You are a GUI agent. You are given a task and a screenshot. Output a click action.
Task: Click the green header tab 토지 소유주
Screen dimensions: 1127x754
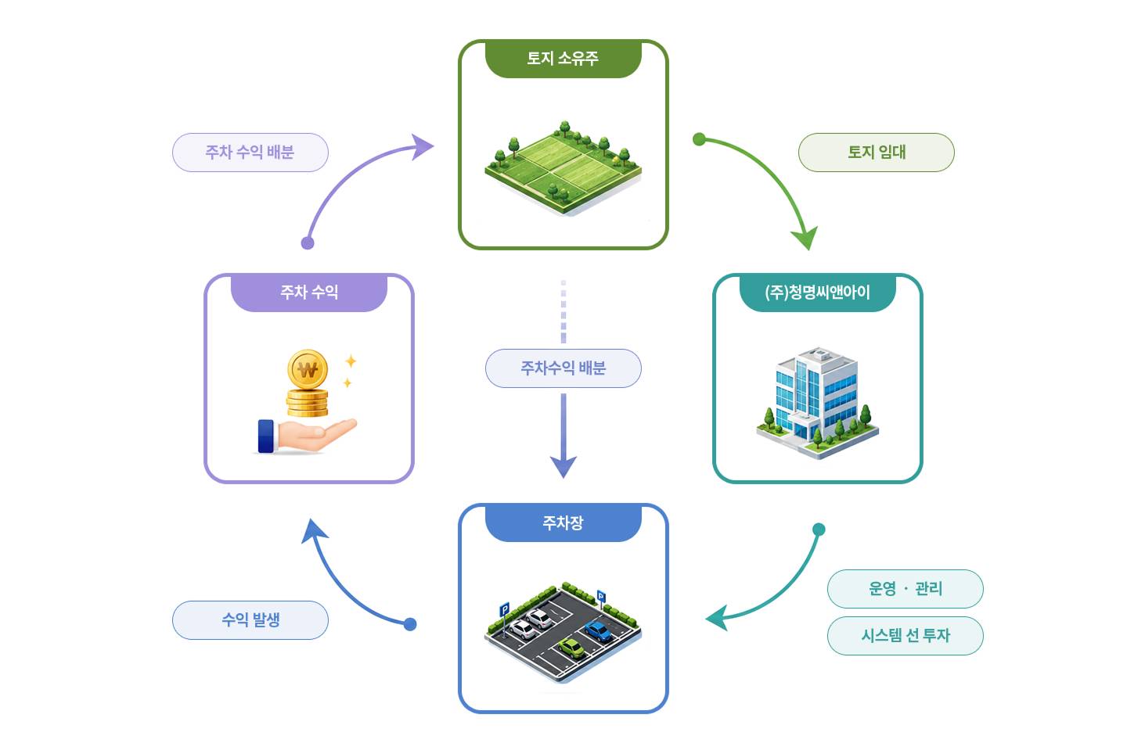tap(563, 59)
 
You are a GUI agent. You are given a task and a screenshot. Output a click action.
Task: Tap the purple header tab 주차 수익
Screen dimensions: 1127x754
tap(309, 293)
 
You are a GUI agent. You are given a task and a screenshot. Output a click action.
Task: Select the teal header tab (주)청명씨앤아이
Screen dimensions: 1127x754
tap(818, 293)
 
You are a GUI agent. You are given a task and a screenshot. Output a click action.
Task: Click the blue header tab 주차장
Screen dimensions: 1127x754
tap(563, 522)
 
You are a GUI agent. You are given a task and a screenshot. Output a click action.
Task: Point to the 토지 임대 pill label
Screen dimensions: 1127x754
tap(877, 153)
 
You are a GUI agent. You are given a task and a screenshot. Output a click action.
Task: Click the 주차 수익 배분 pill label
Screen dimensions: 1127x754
tap(250, 153)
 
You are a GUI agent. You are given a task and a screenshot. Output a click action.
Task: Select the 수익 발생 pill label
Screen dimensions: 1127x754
tap(250, 619)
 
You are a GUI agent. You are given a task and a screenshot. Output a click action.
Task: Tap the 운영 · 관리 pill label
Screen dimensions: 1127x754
tap(905, 589)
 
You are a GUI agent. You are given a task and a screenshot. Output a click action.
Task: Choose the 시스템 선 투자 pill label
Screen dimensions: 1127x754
tap(905, 636)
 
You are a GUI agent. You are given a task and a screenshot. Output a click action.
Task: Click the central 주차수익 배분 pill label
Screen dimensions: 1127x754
tap(563, 368)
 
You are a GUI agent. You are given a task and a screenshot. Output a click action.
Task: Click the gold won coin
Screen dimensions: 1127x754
tap(308, 369)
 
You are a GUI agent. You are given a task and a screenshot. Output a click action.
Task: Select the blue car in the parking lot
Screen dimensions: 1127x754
tap(598, 631)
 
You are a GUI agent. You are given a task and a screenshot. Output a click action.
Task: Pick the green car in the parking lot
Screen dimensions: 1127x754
tap(571, 648)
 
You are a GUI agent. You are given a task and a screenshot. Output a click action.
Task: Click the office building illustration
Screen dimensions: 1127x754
tap(818, 402)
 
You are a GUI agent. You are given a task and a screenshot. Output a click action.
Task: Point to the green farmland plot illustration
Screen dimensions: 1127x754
tap(563, 168)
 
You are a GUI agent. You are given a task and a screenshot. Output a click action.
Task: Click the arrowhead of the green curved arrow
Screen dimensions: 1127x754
tap(805, 239)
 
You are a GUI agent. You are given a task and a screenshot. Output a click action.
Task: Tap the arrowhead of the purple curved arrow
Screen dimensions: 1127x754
tap(422, 147)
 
